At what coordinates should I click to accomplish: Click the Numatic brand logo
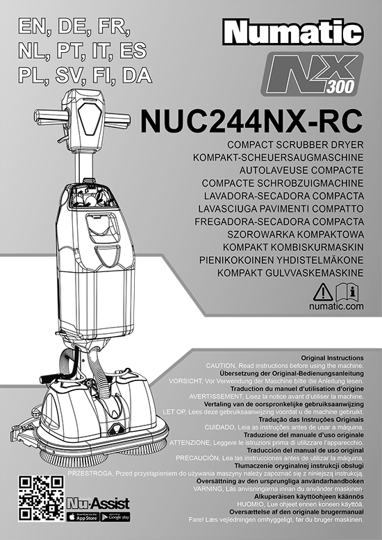(293, 33)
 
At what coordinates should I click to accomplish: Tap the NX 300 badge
(312, 74)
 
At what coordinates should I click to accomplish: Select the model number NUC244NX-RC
(251, 121)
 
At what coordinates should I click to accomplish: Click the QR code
(41, 498)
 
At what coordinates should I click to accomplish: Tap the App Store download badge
(83, 516)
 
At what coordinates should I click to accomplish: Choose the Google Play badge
(115, 516)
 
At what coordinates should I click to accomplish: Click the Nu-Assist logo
(98, 503)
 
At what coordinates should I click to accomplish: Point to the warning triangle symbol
(323, 292)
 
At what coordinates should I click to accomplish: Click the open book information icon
(347, 292)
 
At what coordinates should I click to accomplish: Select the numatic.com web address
(336, 306)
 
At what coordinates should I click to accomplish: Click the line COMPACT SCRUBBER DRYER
(295, 144)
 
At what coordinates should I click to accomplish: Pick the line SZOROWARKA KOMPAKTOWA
(295, 235)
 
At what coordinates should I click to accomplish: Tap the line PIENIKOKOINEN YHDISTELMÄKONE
(281, 260)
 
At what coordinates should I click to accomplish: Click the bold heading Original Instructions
(333, 358)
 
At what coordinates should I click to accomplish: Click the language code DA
(137, 76)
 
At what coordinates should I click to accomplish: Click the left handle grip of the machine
(50, 117)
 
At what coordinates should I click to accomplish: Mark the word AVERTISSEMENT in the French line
(215, 397)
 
